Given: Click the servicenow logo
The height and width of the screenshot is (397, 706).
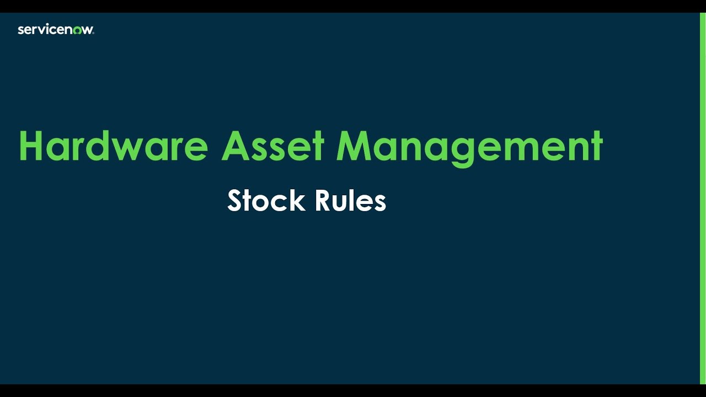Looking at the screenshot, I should click(56, 30).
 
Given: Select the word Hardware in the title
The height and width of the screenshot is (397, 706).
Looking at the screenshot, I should click(113, 147).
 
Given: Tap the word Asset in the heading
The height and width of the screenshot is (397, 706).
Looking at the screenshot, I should click(272, 147).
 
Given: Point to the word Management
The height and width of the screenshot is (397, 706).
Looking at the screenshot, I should click(469, 147).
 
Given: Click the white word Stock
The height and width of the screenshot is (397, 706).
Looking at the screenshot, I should click(266, 201).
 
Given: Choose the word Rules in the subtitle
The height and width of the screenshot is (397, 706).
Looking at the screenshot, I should click(350, 201).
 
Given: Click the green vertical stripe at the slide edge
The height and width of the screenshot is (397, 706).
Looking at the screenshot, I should click(703, 198).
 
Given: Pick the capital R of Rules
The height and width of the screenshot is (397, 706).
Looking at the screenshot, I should click(323, 201).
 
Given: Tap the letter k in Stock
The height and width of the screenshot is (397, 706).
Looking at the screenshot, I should click(298, 201).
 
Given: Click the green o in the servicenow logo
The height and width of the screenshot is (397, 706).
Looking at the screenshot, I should click(77, 30).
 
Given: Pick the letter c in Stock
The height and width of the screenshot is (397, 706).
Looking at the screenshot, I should click(283, 203).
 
